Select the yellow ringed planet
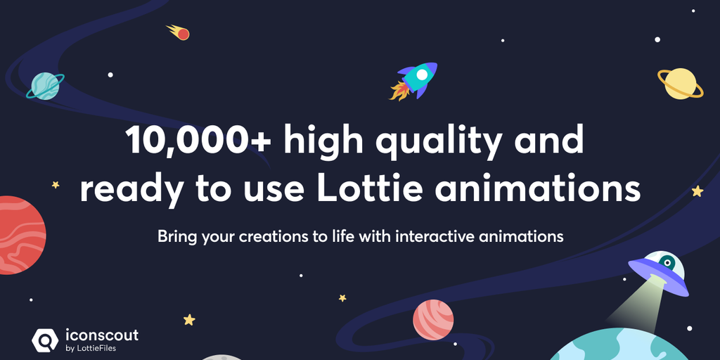[x=680, y=84]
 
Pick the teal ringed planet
[x=45, y=86]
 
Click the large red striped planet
[x=21, y=235]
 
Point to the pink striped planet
[x=433, y=320]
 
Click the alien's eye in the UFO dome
[x=667, y=263]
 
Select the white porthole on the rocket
[x=422, y=75]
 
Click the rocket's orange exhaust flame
[x=398, y=91]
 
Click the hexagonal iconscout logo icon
[x=44, y=340]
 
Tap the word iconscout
[x=102, y=335]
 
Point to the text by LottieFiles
[x=91, y=349]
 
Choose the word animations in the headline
[x=537, y=188]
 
